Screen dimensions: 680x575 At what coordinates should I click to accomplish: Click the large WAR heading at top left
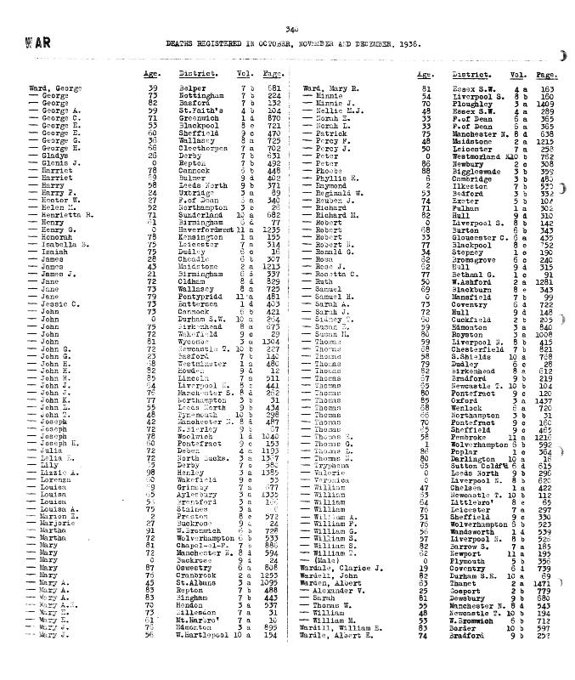(x=38, y=42)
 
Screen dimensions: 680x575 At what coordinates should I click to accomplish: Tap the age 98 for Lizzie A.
(x=152, y=471)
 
